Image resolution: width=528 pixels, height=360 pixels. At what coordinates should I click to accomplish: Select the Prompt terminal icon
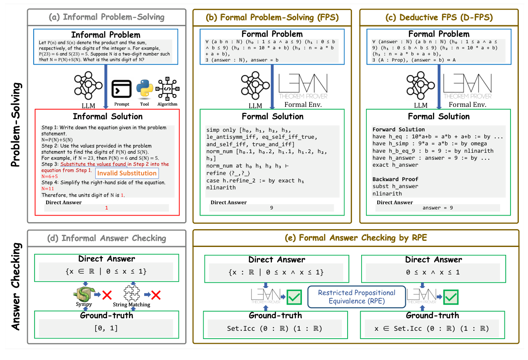tap(122, 90)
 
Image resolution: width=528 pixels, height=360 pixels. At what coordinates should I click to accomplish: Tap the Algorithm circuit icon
tap(168, 90)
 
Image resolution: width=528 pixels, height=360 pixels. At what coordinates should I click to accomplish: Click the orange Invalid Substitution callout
tap(127, 173)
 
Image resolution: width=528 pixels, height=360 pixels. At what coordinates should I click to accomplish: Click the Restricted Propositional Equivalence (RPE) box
tap(357, 297)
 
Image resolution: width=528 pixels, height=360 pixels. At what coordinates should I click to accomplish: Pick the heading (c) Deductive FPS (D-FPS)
tap(439, 17)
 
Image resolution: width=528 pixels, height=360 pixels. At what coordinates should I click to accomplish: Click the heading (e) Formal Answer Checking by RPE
tap(356, 238)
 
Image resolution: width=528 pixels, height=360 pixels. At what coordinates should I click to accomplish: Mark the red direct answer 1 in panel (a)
tap(106, 208)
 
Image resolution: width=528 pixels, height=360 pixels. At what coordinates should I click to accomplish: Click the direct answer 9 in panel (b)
tap(271, 208)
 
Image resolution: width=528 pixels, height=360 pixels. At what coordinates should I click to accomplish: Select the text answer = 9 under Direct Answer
tap(438, 208)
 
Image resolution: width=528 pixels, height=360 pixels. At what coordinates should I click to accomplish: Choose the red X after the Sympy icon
tap(107, 295)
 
